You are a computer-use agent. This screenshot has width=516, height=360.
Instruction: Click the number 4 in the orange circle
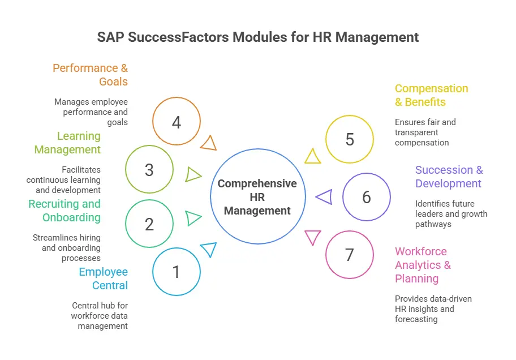[177, 122]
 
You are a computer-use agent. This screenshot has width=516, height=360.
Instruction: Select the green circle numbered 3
[149, 170]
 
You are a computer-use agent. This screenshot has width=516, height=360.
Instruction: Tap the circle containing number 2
[149, 224]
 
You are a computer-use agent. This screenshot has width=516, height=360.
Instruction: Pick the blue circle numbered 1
[177, 272]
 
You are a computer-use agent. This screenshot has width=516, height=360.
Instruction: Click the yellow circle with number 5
[350, 139]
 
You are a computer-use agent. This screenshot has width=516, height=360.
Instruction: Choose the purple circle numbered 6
[367, 197]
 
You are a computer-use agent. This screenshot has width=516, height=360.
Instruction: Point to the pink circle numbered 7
[350, 255]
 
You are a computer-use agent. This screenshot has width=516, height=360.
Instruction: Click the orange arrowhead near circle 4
[209, 143]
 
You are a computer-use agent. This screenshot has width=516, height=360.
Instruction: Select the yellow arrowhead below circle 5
[312, 156]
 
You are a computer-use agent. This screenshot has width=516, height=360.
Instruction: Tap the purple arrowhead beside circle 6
[324, 197]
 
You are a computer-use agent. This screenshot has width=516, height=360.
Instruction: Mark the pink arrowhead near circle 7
[312, 237]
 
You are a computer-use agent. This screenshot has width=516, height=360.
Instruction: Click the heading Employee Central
[104, 278]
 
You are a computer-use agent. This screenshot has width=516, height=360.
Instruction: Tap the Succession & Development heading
[448, 177]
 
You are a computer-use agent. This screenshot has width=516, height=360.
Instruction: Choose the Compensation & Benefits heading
[431, 95]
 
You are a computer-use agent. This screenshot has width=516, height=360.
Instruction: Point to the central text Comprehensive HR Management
[257, 197]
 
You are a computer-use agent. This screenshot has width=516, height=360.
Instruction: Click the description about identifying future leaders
[451, 213]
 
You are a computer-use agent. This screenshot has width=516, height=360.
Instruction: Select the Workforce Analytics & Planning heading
[423, 265]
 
